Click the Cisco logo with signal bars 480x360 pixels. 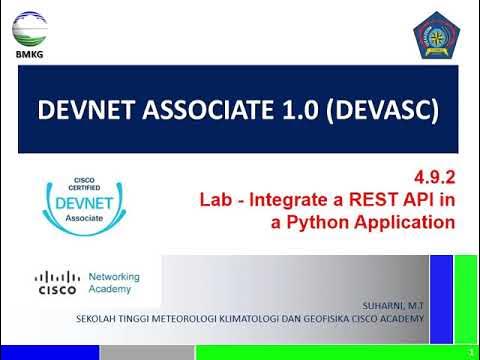[x=57, y=283]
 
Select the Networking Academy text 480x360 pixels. [x=114, y=283]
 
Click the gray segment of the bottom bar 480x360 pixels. [x=146, y=352]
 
